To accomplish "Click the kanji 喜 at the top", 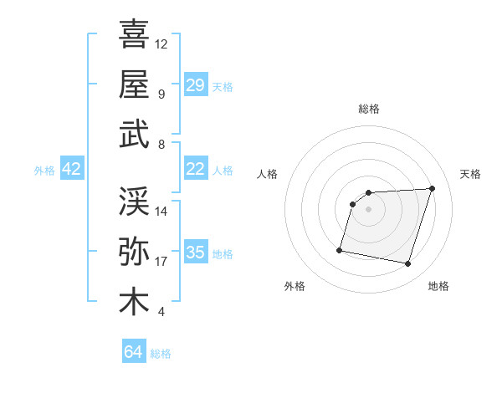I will tap(134, 35).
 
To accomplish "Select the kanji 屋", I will tap(134, 84).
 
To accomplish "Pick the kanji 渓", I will tap(134, 202).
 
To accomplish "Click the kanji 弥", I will tap(134, 252).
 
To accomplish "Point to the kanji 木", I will tap(134, 302).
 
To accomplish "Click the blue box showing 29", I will tap(195, 85).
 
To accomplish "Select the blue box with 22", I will tap(195, 169).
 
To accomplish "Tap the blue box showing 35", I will tap(195, 253).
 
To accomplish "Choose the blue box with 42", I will tap(71, 170).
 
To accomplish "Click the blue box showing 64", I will tap(133, 352).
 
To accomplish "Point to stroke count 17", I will tap(161, 262).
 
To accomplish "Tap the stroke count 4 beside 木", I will tap(161, 312).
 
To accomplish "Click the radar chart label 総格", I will tap(368, 109).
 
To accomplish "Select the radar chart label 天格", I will tap(470, 174).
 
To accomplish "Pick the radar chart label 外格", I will tap(295, 286).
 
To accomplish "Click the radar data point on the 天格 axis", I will tap(432, 188).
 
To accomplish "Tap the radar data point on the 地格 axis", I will tap(407, 264).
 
